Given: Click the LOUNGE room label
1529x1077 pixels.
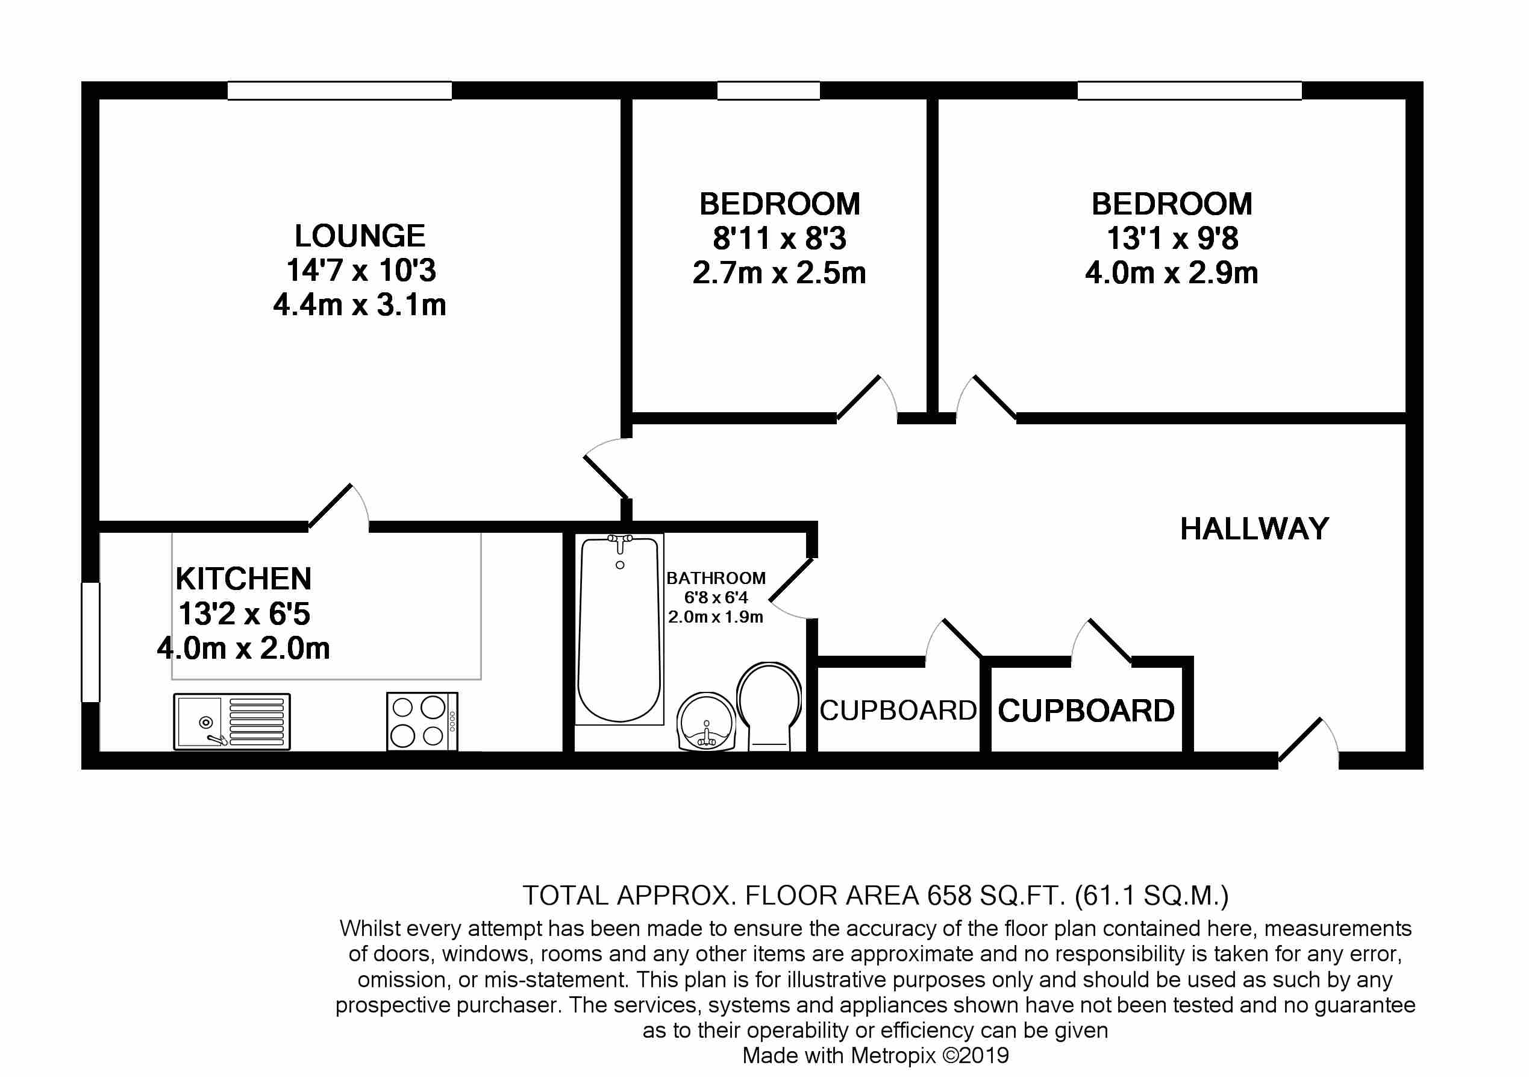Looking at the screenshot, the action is click(x=360, y=236).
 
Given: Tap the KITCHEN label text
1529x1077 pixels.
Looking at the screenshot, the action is click(x=244, y=579).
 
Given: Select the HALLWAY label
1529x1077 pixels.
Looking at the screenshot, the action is click(x=1255, y=529).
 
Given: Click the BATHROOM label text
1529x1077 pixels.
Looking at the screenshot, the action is click(x=716, y=578).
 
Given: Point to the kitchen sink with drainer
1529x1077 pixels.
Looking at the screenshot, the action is click(x=232, y=721).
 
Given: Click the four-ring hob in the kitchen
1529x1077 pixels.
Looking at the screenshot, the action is click(x=422, y=721).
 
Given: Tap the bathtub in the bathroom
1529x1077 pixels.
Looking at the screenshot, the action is click(x=619, y=629).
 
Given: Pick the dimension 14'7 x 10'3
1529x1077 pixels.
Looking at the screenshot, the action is click(x=361, y=271).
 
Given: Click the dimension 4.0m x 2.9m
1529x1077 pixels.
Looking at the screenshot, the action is click(x=1171, y=273).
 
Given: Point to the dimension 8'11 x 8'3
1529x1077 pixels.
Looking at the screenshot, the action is click(x=779, y=239).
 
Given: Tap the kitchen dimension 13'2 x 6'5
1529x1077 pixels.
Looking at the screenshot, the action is click(x=244, y=614).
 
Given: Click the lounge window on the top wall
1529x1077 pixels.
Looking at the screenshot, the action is click(x=340, y=90).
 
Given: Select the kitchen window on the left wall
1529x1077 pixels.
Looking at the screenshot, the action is click(x=90, y=642).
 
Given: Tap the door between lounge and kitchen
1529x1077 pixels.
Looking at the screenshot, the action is click(x=339, y=507).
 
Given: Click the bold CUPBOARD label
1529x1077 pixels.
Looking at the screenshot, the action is click(x=1086, y=711).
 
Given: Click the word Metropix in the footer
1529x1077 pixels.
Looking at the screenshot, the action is click(x=893, y=1055).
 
